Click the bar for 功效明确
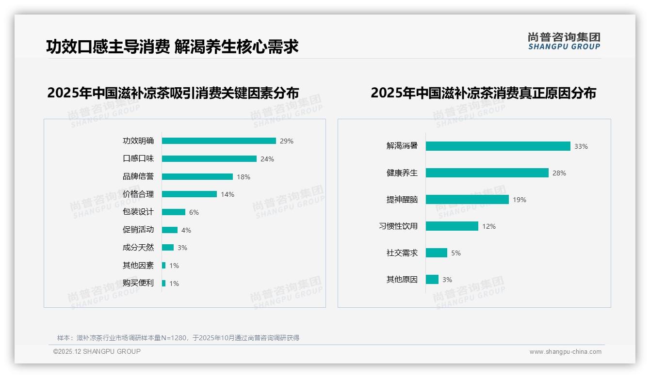coord(219,141)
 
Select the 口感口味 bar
coord(209,159)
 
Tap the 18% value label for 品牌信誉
coord(244,177)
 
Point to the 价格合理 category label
coord(138,194)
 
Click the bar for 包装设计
coord(174,212)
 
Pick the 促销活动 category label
coord(138,230)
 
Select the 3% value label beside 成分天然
coord(182,248)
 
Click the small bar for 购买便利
coord(164,283)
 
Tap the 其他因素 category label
coord(138,266)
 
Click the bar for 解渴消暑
coord(498,146)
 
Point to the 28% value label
coord(559,173)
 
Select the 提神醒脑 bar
coord(467,200)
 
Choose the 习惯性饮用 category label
coord(398,226)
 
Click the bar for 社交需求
coord(437,253)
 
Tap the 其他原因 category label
coord(402,280)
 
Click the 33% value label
coord(581,146)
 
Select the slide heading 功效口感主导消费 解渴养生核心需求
coord(172,47)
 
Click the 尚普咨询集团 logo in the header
coord(564,41)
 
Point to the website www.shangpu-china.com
coord(565,352)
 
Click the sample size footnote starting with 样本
coord(178,338)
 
